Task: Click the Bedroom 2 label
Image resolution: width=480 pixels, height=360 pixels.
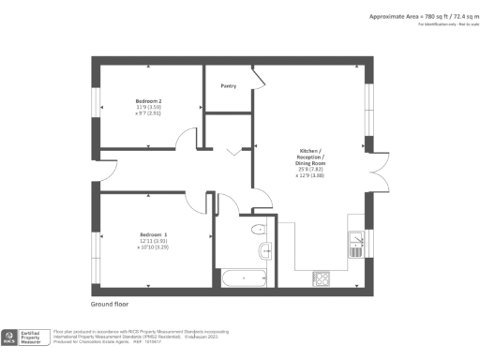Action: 148,100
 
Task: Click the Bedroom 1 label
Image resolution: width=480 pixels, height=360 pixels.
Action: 154,233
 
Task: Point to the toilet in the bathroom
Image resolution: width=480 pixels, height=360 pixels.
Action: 257,228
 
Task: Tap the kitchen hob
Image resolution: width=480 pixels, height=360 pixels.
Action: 322,277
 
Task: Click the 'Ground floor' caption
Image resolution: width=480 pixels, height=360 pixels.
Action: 109,306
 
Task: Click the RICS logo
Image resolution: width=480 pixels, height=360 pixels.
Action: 12,338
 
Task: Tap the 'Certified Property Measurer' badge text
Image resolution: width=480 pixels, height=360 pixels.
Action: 35,338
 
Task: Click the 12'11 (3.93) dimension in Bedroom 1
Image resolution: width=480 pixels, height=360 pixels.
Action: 153,241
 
